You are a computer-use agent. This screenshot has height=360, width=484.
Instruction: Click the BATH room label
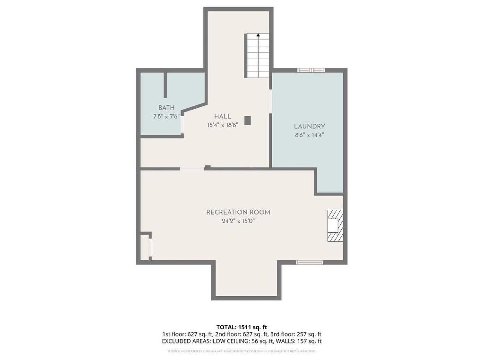click(166, 108)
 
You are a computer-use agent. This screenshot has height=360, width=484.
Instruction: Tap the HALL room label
click(223, 117)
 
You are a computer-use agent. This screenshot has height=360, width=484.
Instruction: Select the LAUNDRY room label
click(309, 127)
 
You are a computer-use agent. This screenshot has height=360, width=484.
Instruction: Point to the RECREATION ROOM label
click(238, 213)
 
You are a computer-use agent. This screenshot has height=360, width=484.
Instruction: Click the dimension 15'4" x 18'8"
click(222, 126)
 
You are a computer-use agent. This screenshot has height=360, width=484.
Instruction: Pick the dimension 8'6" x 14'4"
click(309, 135)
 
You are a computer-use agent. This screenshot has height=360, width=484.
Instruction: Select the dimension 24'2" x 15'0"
click(238, 221)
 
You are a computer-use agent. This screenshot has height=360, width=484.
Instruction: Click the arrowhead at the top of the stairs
click(258, 34)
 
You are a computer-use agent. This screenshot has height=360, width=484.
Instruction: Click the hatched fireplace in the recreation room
click(335, 226)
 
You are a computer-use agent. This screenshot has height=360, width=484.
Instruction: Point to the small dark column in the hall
click(247, 120)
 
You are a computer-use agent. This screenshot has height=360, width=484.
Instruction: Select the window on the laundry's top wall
click(311, 70)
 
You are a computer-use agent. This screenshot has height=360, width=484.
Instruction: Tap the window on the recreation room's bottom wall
click(310, 262)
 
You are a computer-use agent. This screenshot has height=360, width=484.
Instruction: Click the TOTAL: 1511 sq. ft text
click(242, 327)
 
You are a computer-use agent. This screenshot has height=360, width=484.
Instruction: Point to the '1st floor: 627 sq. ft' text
click(187, 334)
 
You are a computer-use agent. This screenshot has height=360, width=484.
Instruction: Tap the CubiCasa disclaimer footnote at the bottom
click(242, 351)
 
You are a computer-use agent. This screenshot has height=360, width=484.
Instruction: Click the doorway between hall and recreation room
click(191, 169)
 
